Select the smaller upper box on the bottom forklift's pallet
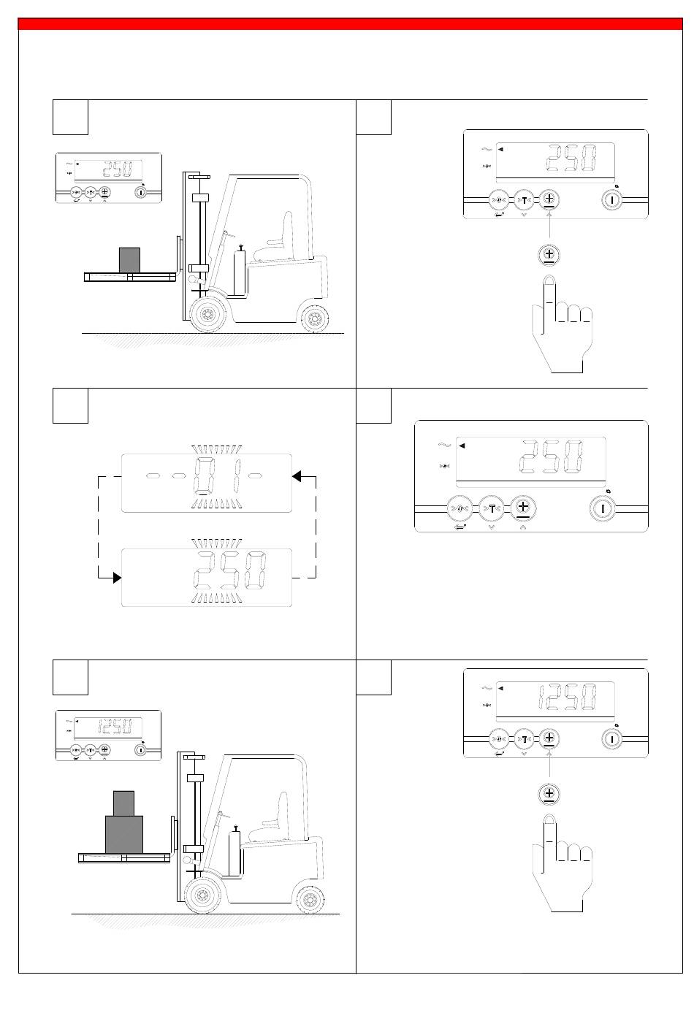pyautogui.click(x=123, y=803)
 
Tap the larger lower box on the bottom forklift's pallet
pyautogui.click(x=123, y=834)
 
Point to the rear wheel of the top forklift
pyautogui.click(x=314, y=318)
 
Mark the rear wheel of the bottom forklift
pyautogui.click(x=310, y=898)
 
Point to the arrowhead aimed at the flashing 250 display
pyautogui.click(x=117, y=578)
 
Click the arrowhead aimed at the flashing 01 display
pyautogui.click(x=297, y=476)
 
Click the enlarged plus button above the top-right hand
pyautogui.click(x=549, y=254)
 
